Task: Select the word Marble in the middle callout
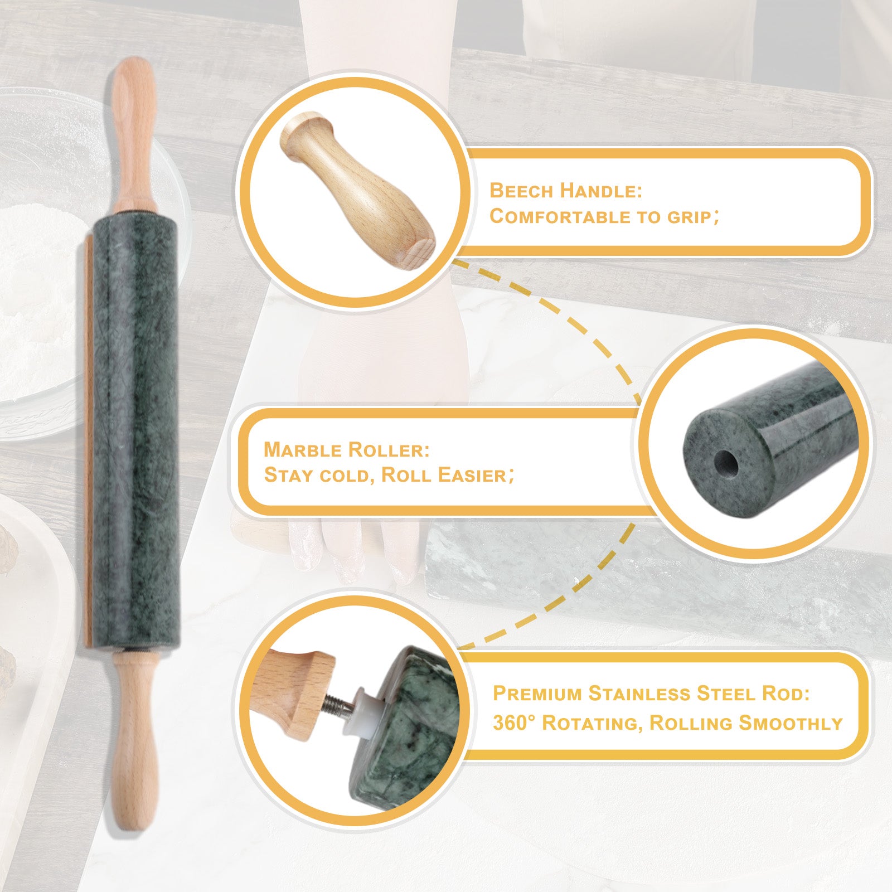click(x=302, y=449)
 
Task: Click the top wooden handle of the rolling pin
click(x=132, y=134)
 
